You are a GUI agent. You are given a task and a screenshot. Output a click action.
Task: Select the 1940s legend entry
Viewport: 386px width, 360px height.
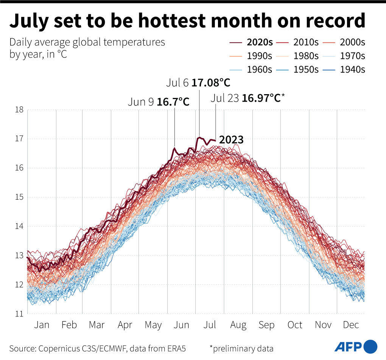pos(345,69)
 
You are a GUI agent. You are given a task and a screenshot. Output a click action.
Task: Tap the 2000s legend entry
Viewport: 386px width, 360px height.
pos(345,42)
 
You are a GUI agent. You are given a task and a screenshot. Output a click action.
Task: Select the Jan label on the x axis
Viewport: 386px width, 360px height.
pos(42,325)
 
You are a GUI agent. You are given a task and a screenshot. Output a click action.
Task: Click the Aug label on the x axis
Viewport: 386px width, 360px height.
pos(238,325)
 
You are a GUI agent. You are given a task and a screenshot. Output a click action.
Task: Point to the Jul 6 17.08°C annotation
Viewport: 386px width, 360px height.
pos(198,82)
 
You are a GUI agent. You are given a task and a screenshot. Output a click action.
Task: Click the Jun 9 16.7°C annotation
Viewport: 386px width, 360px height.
pos(158,102)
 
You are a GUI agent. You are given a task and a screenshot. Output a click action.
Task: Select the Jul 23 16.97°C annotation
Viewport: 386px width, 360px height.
pos(247,98)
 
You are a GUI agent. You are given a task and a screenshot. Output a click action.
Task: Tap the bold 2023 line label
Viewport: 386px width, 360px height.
pos(231,140)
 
